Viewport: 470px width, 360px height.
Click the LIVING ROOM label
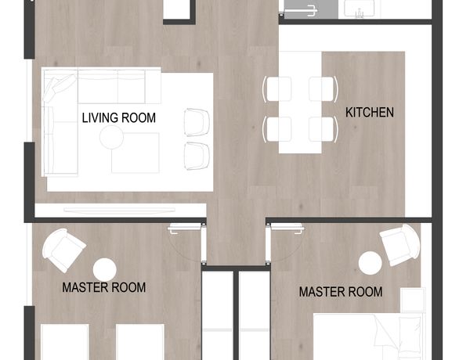point(119,117)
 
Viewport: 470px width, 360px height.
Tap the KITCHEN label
point(370,113)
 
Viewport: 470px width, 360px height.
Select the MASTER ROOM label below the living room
point(103,287)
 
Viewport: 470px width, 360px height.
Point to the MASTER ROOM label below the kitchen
point(341,292)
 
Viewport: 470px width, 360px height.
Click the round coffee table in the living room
point(111,137)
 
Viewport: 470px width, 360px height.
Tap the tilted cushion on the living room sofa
point(60,88)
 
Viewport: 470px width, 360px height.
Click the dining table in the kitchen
point(300,103)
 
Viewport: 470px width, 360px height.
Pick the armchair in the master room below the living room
point(64,250)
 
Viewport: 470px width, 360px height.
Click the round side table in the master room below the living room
point(105,269)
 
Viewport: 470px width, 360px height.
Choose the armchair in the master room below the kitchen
point(400,245)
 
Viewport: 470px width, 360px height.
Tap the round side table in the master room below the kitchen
point(371,263)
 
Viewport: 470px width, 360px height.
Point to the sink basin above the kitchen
point(359,9)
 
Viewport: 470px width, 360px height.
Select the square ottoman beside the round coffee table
point(136,153)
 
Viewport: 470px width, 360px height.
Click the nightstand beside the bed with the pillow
point(413,300)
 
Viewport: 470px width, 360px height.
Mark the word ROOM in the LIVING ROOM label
point(139,117)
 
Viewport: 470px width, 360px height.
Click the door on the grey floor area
point(299,12)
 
